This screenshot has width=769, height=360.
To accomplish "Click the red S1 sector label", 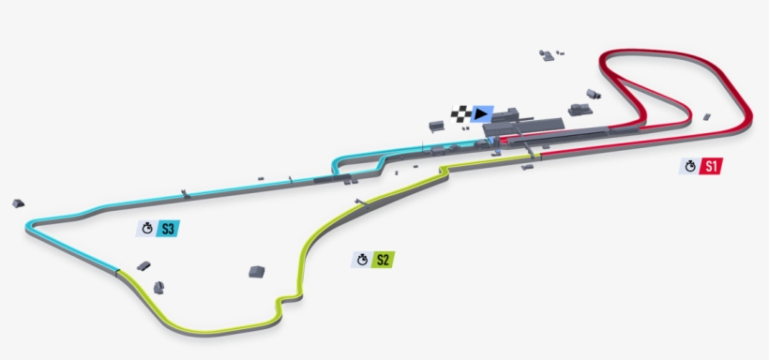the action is click(712, 167).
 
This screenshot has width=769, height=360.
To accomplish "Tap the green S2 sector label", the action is click(382, 260).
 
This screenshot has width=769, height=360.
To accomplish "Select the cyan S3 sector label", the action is click(168, 228).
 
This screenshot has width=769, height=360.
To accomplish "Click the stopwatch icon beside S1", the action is click(690, 167).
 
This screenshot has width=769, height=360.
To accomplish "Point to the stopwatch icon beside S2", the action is click(361, 260).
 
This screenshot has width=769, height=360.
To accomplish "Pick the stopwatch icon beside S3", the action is click(146, 228).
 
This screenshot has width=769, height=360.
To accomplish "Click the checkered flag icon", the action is click(460, 114).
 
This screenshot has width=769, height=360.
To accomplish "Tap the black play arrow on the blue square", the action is click(482, 114).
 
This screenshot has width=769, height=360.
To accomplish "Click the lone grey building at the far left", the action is click(17, 202).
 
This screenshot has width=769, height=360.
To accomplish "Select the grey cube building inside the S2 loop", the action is click(256, 272).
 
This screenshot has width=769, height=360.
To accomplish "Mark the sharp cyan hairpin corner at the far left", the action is click(32, 225).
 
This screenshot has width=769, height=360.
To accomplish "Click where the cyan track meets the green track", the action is click(119, 272).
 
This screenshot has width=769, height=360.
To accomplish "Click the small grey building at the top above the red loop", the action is click(548, 55).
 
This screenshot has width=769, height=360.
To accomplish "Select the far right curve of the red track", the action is click(747, 112).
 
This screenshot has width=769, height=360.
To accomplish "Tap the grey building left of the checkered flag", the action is click(437, 125).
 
